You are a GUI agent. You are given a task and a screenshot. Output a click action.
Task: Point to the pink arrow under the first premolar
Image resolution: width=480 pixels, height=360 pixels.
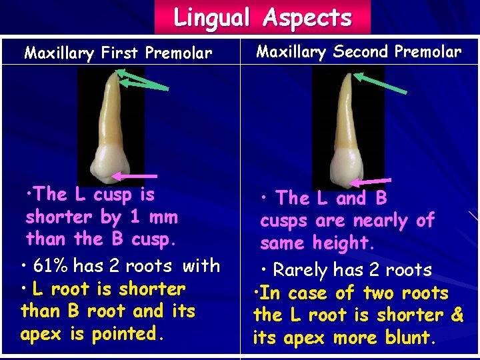(135, 175)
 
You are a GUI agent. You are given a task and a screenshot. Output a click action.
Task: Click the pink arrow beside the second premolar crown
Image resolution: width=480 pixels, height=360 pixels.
(371, 181)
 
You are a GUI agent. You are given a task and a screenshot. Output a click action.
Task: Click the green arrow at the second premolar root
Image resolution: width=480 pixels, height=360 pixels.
(383, 83)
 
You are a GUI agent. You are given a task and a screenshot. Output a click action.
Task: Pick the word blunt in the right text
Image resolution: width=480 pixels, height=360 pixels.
(407, 337)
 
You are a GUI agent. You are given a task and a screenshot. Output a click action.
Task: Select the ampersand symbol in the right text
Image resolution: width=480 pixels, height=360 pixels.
(457, 315)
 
